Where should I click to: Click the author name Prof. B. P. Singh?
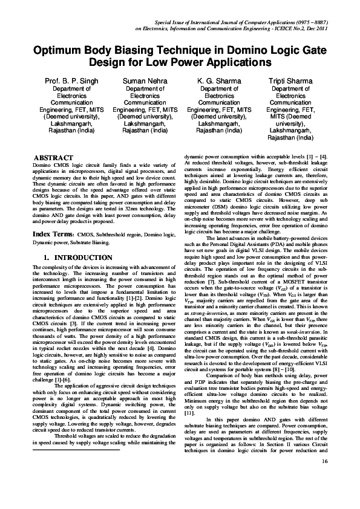click(x=71, y=80)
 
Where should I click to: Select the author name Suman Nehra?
click(x=145, y=80)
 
